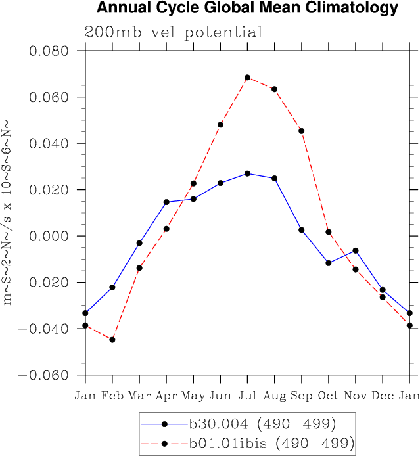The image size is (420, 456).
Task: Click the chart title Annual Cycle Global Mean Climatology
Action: [x=247, y=9]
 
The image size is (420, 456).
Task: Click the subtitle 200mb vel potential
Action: [x=174, y=32]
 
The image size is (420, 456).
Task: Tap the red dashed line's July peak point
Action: [x=247, y=78]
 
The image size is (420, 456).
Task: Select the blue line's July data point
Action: [x=247, y=173]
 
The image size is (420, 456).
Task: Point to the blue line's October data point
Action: [x=329, y=263]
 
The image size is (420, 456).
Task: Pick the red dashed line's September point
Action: [x=302, y=131]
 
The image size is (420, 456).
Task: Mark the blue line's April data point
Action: [x=166, y=202]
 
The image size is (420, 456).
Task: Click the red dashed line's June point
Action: [x=220, y=125]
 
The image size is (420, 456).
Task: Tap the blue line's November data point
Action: [x=356, y=250]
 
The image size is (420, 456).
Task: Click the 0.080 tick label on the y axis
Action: [x=50, y=51]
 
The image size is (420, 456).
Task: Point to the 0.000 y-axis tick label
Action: [x=50, y=236]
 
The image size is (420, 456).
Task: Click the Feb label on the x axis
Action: [x=112, y=396]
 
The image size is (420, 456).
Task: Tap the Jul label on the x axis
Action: [x=247, y=396]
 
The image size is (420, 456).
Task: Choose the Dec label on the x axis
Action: [x=383, y=396]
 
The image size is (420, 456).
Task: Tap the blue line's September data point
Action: [x=302, y=230]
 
